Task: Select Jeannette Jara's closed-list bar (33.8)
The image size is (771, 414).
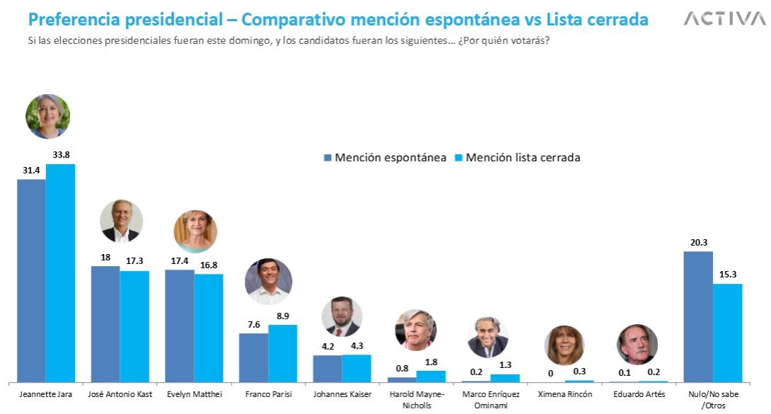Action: point(61,272)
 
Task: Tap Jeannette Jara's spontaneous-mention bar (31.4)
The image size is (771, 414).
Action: point(31,280)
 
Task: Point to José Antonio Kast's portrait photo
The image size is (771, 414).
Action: point(121,221)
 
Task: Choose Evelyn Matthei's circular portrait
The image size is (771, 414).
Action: point(195,231)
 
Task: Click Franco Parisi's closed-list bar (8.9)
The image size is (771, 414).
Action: point(283,353)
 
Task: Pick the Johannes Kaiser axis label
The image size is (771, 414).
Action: point(342,394)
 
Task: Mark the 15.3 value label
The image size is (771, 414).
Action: point(728,275)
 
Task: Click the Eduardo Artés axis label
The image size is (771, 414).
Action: point(638,394)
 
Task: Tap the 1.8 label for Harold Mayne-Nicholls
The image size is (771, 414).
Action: point(431,362)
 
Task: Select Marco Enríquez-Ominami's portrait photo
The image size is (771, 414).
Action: point(488,337)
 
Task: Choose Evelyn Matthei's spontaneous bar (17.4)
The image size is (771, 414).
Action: point(180,326)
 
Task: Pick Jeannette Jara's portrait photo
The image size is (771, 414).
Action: point(47,116)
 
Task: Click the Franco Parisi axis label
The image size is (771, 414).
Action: point(268,394)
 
